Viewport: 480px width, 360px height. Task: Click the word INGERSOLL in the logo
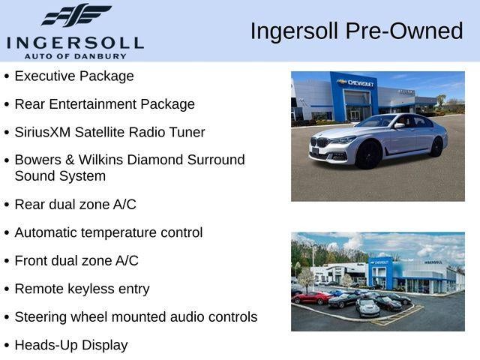(75, 41)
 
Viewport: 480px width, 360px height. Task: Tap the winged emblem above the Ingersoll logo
(76, 15)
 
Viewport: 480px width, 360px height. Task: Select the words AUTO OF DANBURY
(75, 56)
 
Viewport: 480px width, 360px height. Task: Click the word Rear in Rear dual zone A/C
(30, 204)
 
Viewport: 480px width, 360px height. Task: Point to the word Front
(31, 261)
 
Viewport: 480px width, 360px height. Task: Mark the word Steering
(41, 317)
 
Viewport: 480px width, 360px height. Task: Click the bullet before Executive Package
(7, 76)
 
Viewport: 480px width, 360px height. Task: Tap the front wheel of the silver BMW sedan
(368, 154)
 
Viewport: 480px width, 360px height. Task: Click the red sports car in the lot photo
(311, 298)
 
